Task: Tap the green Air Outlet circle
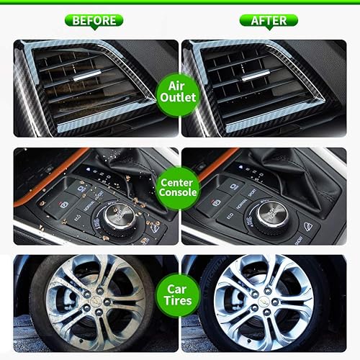point(178,91)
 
